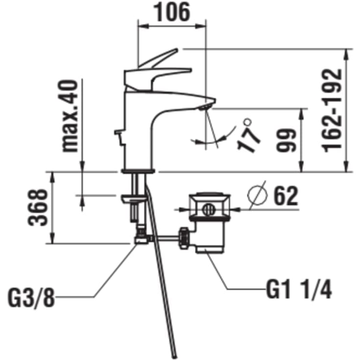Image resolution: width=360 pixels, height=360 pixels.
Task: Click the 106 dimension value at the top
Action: tap(172, 12)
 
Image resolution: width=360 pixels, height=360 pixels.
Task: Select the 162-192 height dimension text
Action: tap(333, 110)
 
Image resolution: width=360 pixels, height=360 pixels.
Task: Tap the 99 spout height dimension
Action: tap(286, 140)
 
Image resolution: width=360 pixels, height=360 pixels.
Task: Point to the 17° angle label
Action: tap(248, 136)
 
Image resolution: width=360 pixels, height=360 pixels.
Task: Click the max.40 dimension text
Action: tap(70, 116)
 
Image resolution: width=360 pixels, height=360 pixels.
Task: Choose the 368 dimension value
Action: tap(38, 207)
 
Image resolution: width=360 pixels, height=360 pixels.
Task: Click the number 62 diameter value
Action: tap(286, 196)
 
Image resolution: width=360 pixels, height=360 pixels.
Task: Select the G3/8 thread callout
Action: tap(31, 298)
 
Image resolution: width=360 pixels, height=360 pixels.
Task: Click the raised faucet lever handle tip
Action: tap(176, 49)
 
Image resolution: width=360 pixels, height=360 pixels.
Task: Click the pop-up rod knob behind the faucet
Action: tap(118, 132)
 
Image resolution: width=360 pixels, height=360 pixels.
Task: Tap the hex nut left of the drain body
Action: tap(184, 239)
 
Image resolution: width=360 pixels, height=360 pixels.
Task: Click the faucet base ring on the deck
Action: tap(138, 171)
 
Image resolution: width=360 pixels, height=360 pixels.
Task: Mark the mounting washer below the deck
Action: tap(134, 199)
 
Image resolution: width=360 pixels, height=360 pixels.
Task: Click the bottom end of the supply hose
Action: tap(174, 357)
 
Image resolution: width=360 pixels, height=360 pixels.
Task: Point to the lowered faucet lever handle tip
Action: tap(190, 70)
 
